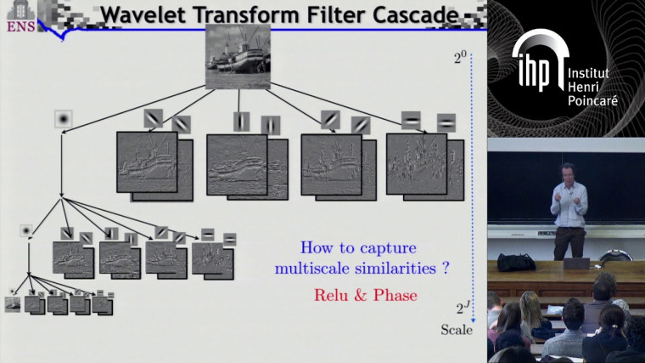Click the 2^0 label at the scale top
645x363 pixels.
pyautogui.click(x=460, y=59)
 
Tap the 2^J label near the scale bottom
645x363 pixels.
pyautogui.click(x=462, y=308)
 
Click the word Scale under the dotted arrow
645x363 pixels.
pyautogui.click(x=457, y=330)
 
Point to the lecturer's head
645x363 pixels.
pyautogui.click(x=568, y=172)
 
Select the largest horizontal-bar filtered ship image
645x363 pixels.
pyautogui.click(x=416, y=163)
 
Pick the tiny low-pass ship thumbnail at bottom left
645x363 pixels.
pyautogui.click(x=12, y=303)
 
